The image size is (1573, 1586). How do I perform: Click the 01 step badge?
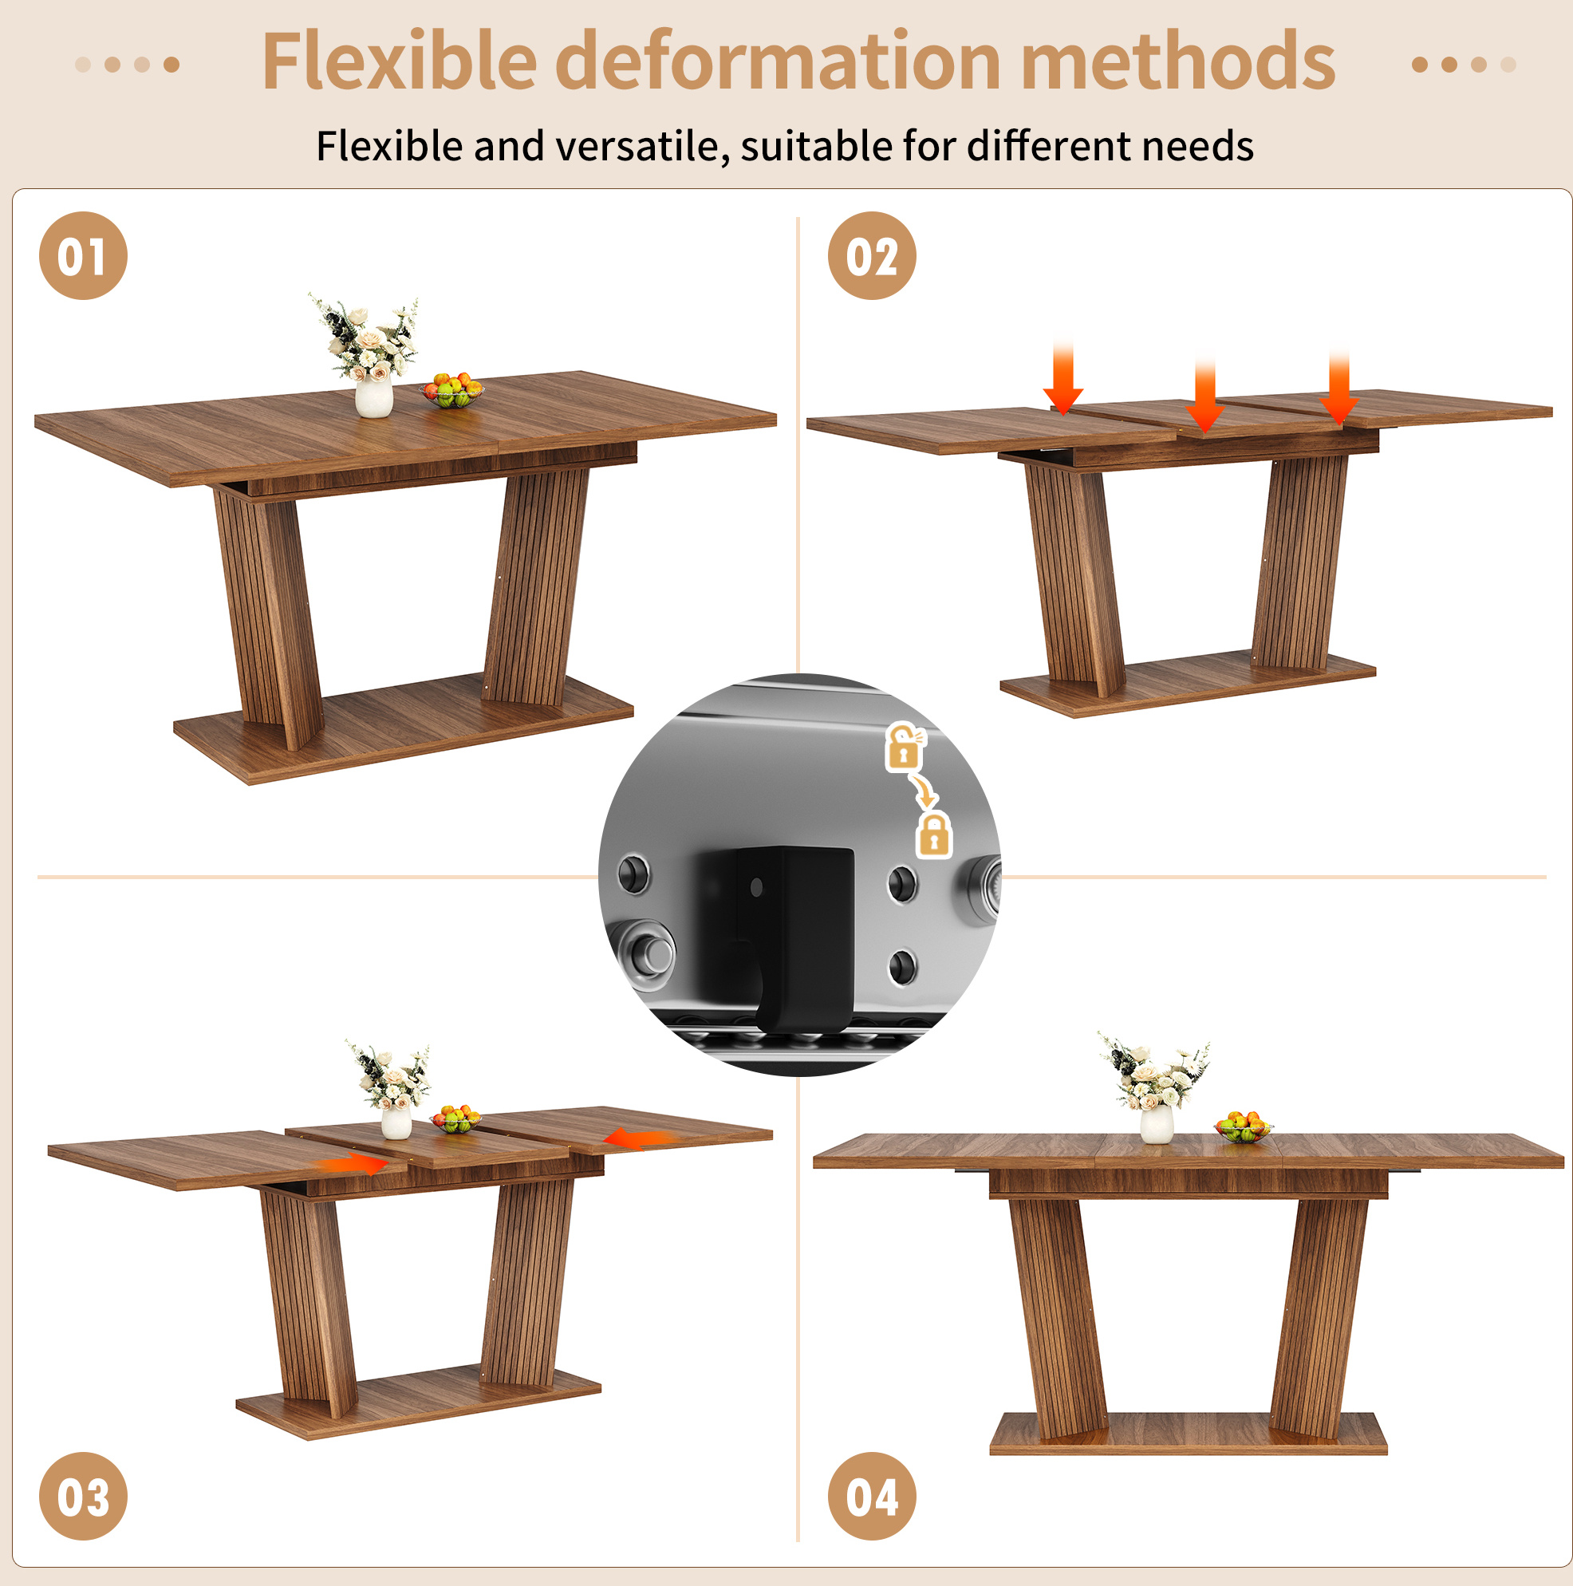[x=83, y=255]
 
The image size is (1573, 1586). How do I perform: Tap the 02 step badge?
[x=871, y=255]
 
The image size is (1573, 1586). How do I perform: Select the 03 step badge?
[x=83, y=1496]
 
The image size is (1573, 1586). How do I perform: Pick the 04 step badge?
[x=871, y=1496]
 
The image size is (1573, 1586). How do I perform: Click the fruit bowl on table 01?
[x=451, y=390]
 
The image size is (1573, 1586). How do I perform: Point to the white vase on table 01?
[x=373, y=397]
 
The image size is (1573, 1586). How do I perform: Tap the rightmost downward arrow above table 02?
[x=1339, y=386]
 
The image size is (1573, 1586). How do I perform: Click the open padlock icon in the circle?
[x=904, y=746]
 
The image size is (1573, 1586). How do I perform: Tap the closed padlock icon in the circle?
[x=934, y=834]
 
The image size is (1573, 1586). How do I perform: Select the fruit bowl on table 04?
[x=1243, y=1126]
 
